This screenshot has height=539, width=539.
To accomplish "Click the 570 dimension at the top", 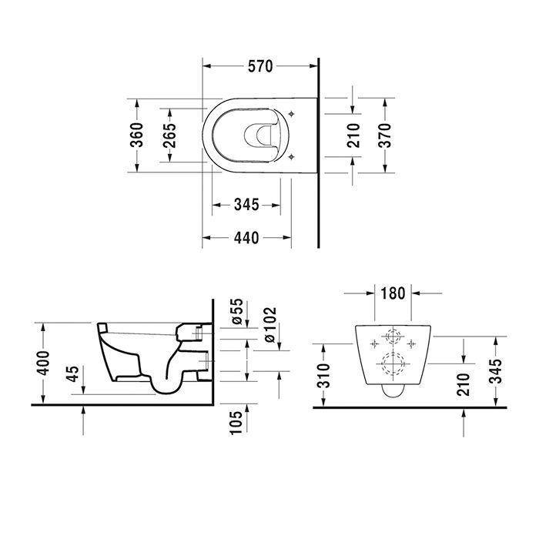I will [261, 67].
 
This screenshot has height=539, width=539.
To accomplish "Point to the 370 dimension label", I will [385, 136].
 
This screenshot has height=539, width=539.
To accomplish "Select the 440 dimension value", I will [246, 238].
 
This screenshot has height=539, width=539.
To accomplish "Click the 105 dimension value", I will [236, 422].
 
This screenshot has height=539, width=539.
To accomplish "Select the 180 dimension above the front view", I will [392, 293].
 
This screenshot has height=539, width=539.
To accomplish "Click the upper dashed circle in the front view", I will [393, 338].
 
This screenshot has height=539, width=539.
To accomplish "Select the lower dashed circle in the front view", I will [393, 363].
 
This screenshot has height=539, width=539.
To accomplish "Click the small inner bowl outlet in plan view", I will [258, 136].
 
